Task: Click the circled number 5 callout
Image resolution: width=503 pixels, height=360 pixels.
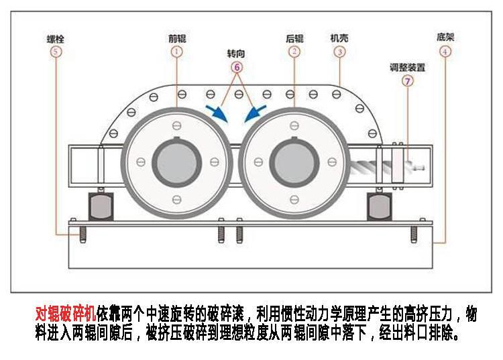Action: [x=56, y=51]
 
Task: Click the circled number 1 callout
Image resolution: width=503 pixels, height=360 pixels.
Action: [x=176, y=51]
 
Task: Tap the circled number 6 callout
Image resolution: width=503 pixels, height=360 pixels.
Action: [x=237, y=67]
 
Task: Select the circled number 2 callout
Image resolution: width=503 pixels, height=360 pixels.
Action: [x=294, y=51]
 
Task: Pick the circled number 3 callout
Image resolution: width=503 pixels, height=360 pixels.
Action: [x=340, y=51]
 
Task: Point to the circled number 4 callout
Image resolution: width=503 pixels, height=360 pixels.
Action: [x=446, y=51]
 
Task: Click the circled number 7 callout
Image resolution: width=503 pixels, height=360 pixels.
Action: [x=407, y=82]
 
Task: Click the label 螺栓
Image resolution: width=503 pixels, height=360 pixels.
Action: [x=56, y=38]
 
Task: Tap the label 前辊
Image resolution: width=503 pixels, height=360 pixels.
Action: [x=176, y=38]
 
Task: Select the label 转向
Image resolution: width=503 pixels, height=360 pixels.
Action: [x=237, y=53]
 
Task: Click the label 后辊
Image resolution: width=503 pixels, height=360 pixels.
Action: [x=294, y=38]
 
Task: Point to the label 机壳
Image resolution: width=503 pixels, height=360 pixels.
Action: [x=339, y=38]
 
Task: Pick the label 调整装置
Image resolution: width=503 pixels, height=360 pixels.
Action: [x=408, y=68]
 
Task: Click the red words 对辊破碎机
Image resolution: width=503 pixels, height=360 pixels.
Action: [x=66, y=314]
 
